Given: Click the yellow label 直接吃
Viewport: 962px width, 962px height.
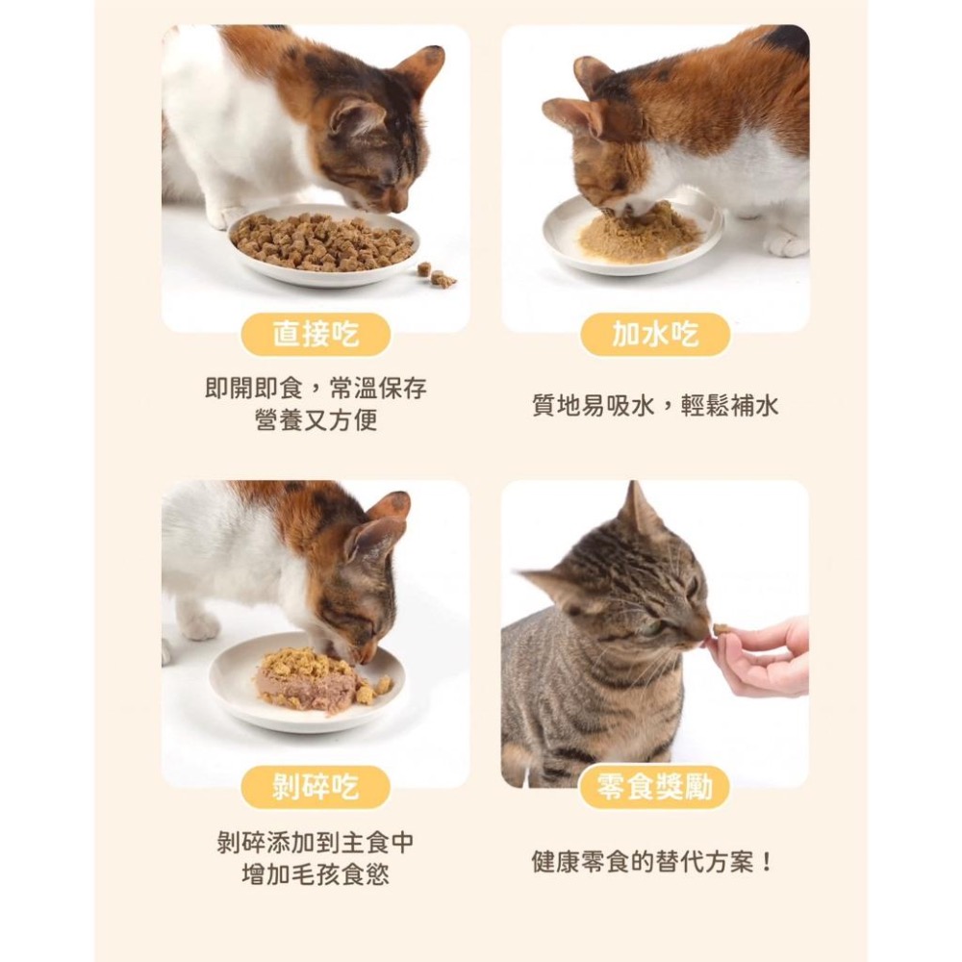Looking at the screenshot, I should pyautogui.click(x=316, y=335).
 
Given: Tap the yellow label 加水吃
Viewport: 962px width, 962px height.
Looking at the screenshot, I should pyautogui.click(x=655, y=335).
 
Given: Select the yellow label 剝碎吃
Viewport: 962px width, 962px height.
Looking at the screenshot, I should pyautogui.click(x=316, y=788).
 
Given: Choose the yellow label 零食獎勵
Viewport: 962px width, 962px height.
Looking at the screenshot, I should pyautogui.click(x=655, y=788).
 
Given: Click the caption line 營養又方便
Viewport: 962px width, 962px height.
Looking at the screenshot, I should pyautogui.click(x=316, y=420).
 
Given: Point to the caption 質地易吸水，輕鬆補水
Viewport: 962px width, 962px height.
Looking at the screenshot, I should pyautogui.click(x=655, y=405).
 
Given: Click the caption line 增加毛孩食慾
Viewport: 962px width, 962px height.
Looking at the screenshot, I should pyautogui.click(x=316, y=874).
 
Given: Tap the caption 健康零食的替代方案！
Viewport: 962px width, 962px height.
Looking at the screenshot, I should pyautogui.click(x=655, y=861).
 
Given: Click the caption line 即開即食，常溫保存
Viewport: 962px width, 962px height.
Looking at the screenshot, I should pyautogui.click(x=316, y=389).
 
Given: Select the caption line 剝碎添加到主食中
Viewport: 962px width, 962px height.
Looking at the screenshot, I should pyautogui.click(x=316, y=843).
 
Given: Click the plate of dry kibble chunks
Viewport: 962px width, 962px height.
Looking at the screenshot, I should pyautogui.click(x=323, y=244).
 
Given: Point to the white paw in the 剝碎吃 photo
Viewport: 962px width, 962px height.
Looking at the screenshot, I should pyautogui.click(x=199, y=626).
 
